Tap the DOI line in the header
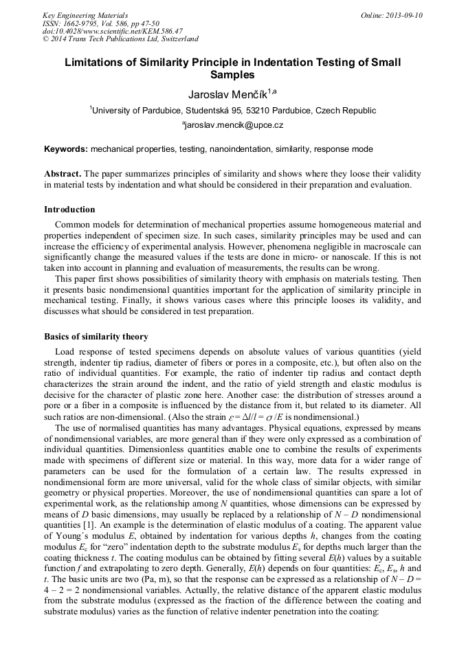pyautogui.click(x=113, y=31)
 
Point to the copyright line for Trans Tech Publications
pyautogui.click(x=121, y=39)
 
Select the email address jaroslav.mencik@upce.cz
pyautogui.click(x=232, y=126)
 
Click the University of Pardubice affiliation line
pyautogui.click(x=234, y=110)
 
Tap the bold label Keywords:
pyautogui.click(x=66, y=149)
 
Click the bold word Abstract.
pyautogui.click(x=63, y=174)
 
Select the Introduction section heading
pyautogui.click(x=69, y=210)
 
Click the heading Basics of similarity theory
pyautogui.click(x=96, y=337)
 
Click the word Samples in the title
pyautogui.click(x=232, y=75)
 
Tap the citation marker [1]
pyautogui.click(x=89, y=526)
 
